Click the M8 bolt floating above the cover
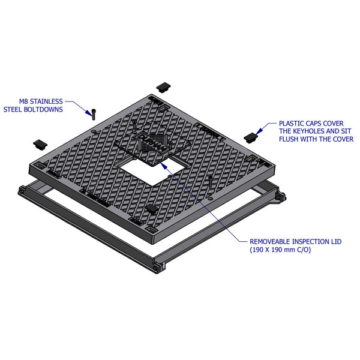click(x=94, y=112)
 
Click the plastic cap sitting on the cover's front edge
click(x=152, y=208)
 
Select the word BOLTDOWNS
click(x=52, y=109)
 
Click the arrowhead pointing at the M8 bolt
click(x=91, y=109)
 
